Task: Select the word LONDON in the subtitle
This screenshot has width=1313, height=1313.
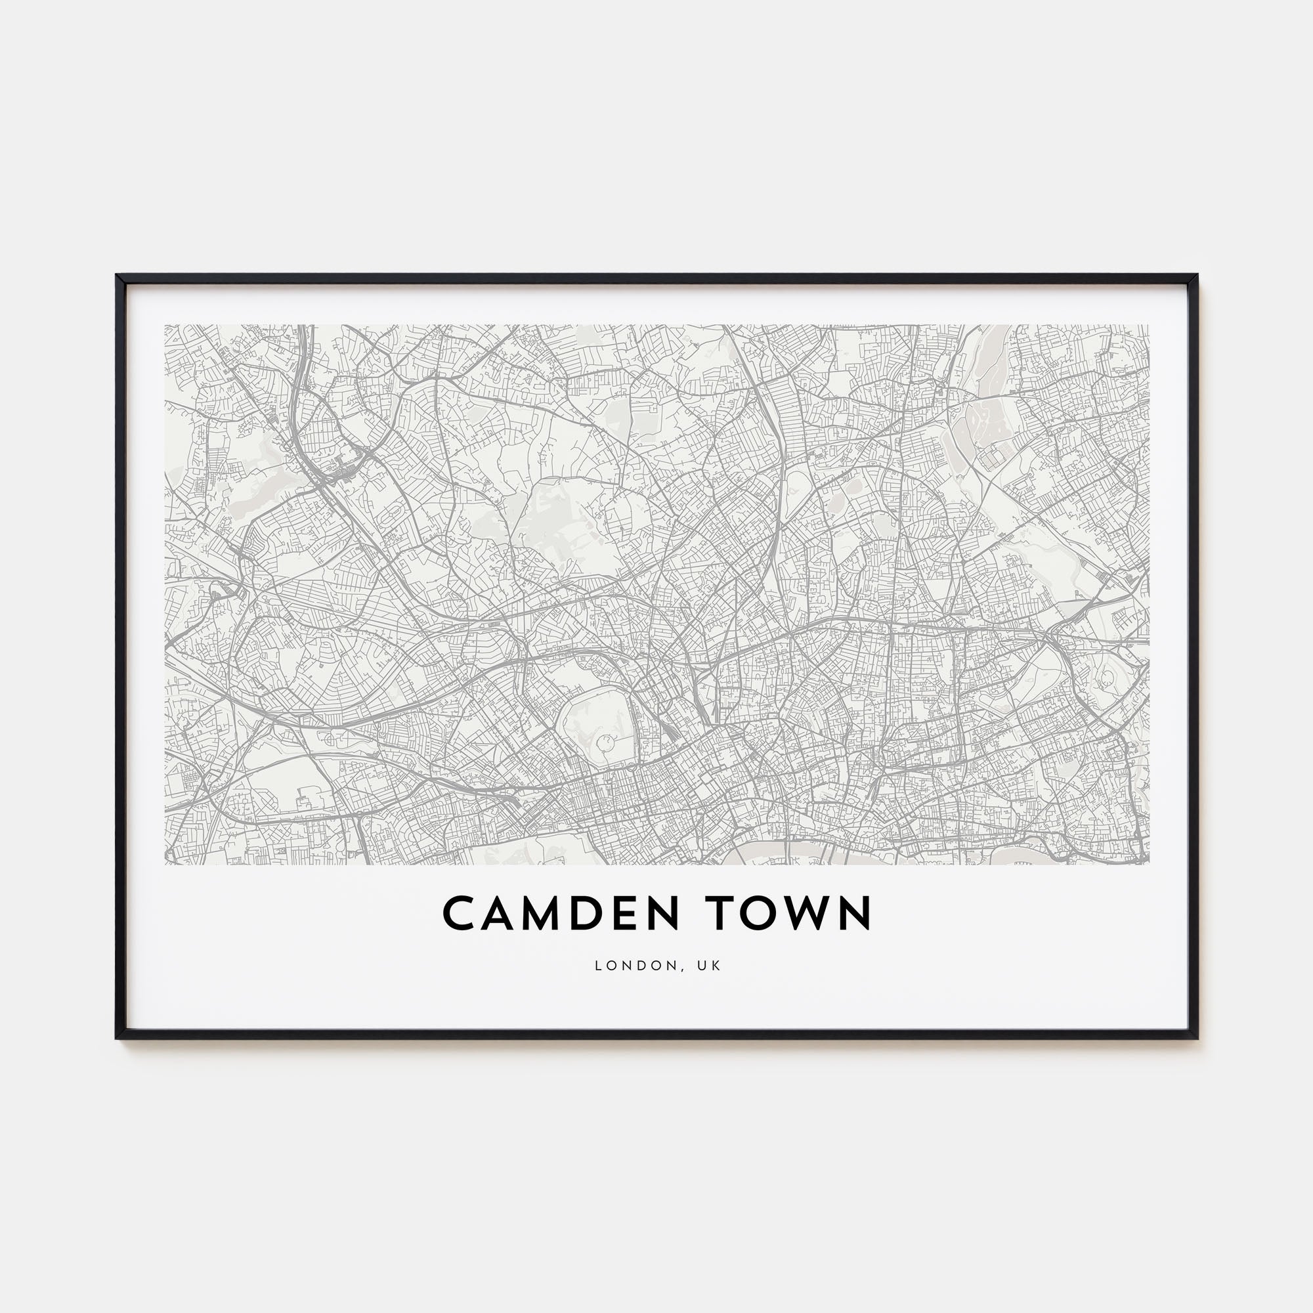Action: click(x=626, y=966)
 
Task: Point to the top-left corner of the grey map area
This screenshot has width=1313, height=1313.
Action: click(x=165, y=325)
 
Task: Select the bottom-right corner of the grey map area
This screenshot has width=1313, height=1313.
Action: click(x=1148, y=864)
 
